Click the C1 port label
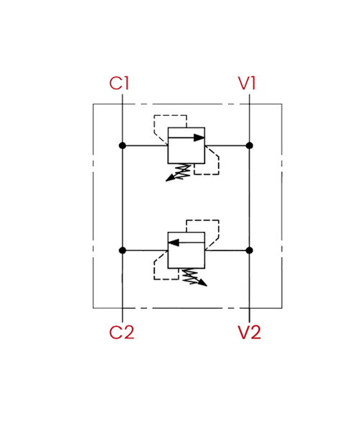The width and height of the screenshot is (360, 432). (x=119, y=84)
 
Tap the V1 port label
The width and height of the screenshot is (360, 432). (x=247, y=84)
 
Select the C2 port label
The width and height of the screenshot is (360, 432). (x=122, y=332)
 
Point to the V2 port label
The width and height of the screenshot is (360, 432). (x=249, y=332)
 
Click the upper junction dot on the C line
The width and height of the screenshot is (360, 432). (x=122, y=145)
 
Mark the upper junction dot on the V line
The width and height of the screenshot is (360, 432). (x=249, y=145)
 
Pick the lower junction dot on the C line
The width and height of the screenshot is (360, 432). (x=122, y=251)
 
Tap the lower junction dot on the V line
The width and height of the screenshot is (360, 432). (x=249, y=251)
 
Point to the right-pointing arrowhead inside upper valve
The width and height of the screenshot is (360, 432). (x=199, y=138)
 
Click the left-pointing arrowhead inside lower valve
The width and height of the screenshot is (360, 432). (x=174, y=243)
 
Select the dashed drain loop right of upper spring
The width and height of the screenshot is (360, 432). (x=219, y=166)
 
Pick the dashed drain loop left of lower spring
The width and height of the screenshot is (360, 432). (x=155, y=270)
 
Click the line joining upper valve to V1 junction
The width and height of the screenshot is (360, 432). (x=228, y=145)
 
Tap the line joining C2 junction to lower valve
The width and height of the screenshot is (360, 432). (x=145, y=251)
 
